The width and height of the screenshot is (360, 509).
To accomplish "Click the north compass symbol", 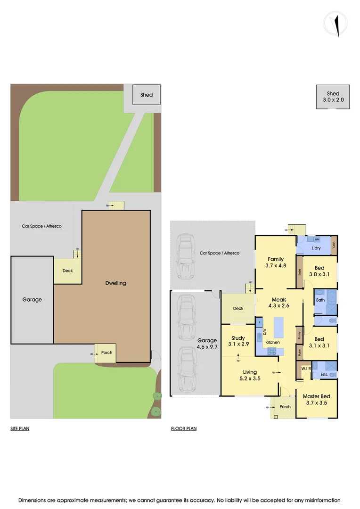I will [x=335, y=23].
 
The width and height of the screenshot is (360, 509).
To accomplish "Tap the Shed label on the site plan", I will [x=147, y=95].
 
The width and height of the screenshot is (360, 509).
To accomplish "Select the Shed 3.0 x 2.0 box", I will [x=333, y=97].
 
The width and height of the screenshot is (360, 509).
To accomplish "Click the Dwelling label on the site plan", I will [x=116, y=283].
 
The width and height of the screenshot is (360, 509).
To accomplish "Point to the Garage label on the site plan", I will [x=32, y=299].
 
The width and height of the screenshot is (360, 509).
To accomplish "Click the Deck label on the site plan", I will [x=67, y=271].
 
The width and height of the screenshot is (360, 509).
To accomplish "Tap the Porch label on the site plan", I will [x=107, y=353].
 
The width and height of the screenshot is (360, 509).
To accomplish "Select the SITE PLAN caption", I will [x=20, y=429].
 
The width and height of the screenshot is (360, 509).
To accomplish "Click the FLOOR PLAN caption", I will [x=184, y=429].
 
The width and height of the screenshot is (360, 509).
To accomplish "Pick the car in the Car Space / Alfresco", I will [x=185, y=258].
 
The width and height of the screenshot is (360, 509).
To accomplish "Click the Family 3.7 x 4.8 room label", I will [x=276, y=262].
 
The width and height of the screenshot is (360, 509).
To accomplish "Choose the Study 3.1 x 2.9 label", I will [x=237, y=341].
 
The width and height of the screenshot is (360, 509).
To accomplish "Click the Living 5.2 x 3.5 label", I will [x=250, y=375].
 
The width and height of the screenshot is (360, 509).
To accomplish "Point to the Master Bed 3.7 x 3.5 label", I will [x=316, y=400].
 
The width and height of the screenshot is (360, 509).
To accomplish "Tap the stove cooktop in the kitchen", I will [x=272, y=351].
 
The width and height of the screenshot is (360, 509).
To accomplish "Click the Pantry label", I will [x=299, y=336].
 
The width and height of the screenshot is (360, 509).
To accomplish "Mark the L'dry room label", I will [x=316, y=248].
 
